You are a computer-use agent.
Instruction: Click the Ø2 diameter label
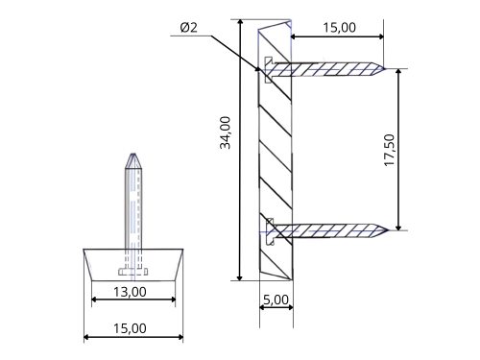click(x=189, y=28)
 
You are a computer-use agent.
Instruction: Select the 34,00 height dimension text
click(x=226, y=132)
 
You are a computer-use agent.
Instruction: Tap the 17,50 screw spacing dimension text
click(x=390, y=150)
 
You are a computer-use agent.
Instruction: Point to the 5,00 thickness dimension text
click(x=276, y=300)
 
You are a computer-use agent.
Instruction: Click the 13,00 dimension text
click(x=130, y=292)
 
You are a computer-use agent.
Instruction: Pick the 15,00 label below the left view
click(x=130, y=328)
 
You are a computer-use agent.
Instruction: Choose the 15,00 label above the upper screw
click(x=339, y=28)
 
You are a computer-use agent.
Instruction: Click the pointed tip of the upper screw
click(x=385, y=69)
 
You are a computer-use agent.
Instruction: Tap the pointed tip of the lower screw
click(x=387, y=229)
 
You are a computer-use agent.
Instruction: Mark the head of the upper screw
click(x=268, y=70)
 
